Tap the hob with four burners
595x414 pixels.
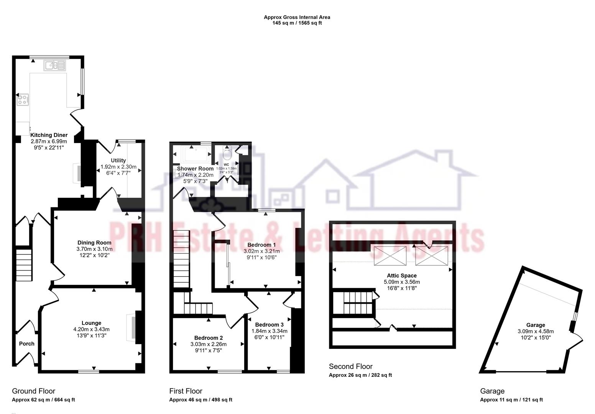tap(23, 100)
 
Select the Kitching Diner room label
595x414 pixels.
tap(49, 135)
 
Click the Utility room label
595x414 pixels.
tap(118, 160)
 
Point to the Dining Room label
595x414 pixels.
tap(94, 242)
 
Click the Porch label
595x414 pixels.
tap(26, 343)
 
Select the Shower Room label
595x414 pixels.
tap(195, 169)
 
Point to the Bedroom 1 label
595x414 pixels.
tap(261, 245)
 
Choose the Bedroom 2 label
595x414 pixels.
tap(208, 338)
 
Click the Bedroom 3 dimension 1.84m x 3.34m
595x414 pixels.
tap(269, 331)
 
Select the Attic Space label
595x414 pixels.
tap(401, 275)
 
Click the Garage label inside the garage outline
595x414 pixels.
tap(535, 325)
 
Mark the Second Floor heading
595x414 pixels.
tap(350, 366)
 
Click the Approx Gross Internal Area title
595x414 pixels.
tap(297, 17)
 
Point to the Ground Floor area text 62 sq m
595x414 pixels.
tap(43, 400)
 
